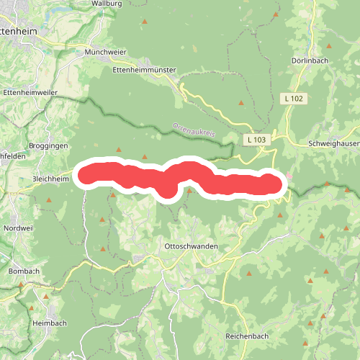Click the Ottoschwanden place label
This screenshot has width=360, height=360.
[x=192, y=246]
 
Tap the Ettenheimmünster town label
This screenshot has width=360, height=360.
[x=145, y=71]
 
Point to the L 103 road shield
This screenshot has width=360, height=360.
[x=255, y=139]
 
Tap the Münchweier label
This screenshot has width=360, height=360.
[x=105, y=53]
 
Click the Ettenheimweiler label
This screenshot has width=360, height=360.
[x=29, y=93]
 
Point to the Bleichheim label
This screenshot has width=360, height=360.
[x=53, y=178]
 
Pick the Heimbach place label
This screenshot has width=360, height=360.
[x=49, y=324]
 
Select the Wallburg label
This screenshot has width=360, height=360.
[x=105, y=4]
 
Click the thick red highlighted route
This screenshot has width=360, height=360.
[x=180, y=177]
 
